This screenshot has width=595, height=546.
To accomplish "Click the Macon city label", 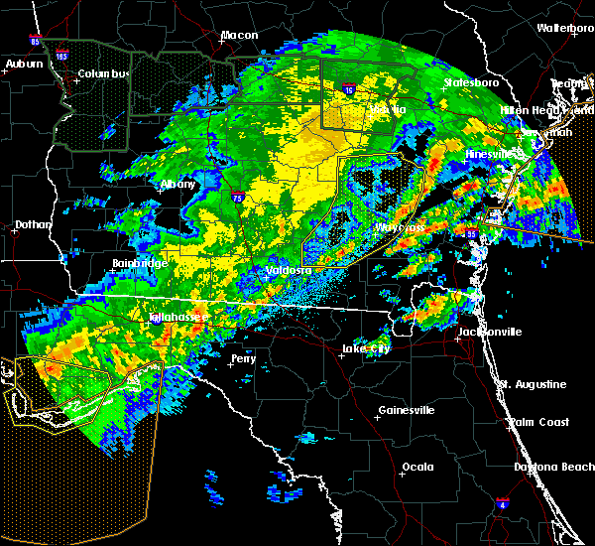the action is (239, 36).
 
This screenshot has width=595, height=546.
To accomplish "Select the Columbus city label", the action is (104, 74).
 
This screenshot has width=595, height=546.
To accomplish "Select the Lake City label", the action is (363, 348).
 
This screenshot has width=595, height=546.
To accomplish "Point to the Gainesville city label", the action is (406, 410).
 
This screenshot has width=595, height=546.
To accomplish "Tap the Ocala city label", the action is (417, 466).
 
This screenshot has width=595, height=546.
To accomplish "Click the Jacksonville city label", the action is (488, 333).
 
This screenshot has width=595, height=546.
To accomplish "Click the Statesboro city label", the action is (468, 83).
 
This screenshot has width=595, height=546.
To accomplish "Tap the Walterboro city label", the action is (565, 28).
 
